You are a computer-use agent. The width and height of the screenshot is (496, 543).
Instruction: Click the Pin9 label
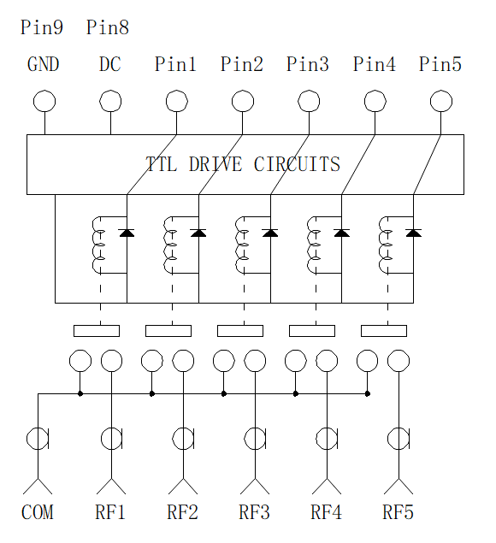(42, 27)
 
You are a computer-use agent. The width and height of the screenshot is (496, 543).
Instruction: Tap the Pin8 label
(108, 27)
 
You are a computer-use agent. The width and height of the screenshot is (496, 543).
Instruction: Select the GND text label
(44, 64)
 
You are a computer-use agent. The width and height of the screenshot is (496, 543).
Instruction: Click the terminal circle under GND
(44, 101)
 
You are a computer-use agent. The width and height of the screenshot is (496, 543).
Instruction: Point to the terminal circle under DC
(110, 101)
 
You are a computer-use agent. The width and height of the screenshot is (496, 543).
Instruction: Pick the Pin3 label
(308, 64)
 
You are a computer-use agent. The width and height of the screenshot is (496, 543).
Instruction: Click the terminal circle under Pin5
(441, 101)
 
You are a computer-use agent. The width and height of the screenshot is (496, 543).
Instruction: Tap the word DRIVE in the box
(216, 164)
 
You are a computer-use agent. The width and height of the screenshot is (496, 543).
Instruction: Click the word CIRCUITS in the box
(297, 164)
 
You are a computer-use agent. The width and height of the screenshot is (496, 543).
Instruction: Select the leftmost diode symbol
(127, 233)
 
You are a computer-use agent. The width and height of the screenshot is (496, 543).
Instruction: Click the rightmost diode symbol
(413, 233)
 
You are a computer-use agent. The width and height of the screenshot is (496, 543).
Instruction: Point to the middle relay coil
(240, 245)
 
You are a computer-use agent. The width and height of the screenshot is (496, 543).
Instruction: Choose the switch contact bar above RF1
(97, 331)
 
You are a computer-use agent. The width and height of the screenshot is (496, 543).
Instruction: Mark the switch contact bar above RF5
(384, 331)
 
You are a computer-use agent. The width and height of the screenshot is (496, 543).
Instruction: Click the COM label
(38, 512)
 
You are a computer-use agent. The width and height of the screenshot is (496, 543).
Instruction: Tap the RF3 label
(254, 512)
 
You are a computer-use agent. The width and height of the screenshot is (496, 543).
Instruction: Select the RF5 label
(398, 512)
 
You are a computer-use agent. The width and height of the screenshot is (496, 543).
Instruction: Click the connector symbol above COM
(38, 439)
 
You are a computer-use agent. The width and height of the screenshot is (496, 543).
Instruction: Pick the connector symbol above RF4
(327, 439)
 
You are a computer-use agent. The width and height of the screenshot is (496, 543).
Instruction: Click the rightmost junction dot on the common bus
(368, 393)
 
